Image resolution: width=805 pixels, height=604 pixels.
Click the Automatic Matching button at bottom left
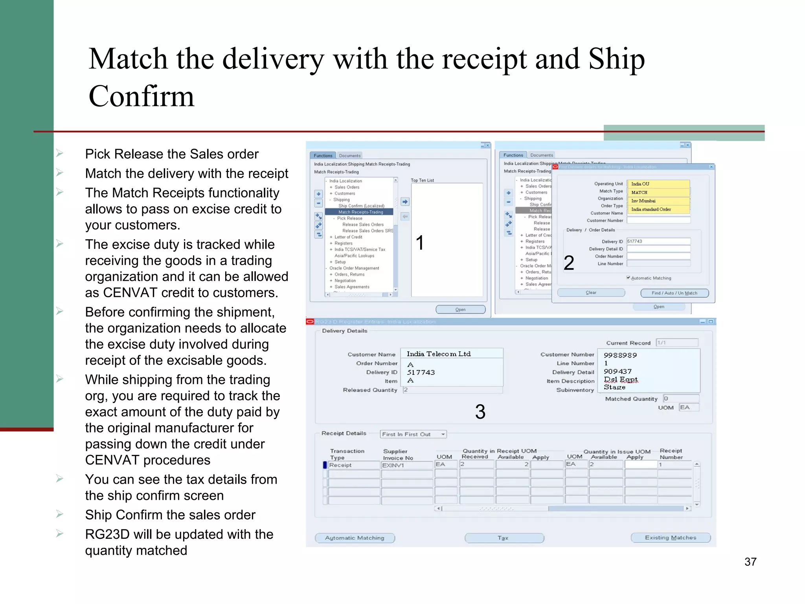(355, 538)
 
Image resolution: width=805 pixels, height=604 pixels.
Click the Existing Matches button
(670, 538)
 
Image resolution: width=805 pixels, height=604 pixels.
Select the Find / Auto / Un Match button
(674, 293)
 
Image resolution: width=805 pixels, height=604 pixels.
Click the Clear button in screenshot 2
(591, 293)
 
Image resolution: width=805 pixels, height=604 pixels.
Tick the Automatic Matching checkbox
(628, 278)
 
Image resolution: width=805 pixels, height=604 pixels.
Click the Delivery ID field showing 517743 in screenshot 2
(658, 241)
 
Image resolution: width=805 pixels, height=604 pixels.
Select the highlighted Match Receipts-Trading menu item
(360, 212)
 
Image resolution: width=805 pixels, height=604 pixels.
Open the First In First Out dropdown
(443, 434)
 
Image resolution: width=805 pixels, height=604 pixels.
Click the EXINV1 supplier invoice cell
(406, 465)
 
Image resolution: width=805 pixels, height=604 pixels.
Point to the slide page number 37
(750, 562)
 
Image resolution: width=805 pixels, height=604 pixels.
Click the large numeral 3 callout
(480, 412)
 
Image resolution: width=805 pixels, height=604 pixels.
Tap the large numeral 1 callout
(420, 243)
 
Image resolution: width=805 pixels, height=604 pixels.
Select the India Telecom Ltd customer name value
(439, 354)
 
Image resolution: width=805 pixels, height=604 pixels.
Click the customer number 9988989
(620, 355)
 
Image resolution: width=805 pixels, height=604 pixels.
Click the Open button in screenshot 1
(460, 309)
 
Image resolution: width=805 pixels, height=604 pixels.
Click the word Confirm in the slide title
(142, 96)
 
